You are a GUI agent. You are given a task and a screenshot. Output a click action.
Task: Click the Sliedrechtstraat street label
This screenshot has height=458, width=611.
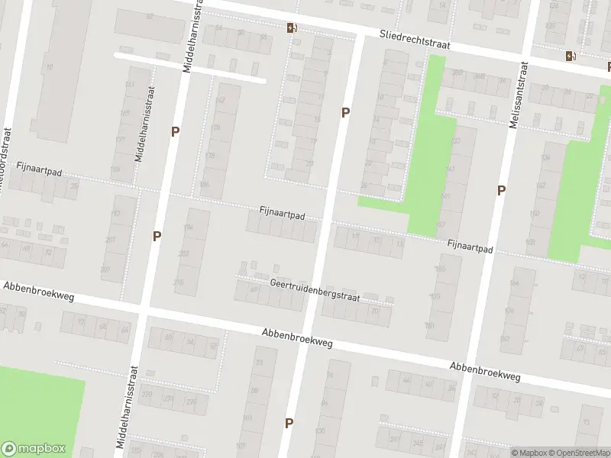[415, 40]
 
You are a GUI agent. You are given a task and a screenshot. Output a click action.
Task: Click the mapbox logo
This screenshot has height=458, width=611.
[34, 449]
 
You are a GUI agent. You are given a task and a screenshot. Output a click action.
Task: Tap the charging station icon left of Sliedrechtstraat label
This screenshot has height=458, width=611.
[292, 28]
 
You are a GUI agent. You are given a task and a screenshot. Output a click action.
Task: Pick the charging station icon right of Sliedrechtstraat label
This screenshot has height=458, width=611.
[570, 55]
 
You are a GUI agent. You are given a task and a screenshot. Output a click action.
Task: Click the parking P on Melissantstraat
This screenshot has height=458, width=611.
[501, 190]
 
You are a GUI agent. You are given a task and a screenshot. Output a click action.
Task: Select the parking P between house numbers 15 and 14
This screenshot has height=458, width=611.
[345, 112]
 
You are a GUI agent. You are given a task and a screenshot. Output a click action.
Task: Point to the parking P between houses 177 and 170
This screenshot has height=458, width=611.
[175, 131]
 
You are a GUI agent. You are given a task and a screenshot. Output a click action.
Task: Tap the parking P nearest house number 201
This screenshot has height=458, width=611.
[157, 236]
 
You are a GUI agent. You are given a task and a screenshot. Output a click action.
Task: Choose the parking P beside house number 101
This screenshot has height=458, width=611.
[289, 422]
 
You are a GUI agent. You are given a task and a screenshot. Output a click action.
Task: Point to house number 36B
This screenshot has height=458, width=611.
[479, 76]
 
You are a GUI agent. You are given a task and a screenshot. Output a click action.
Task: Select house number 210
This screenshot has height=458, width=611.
[178, 282]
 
